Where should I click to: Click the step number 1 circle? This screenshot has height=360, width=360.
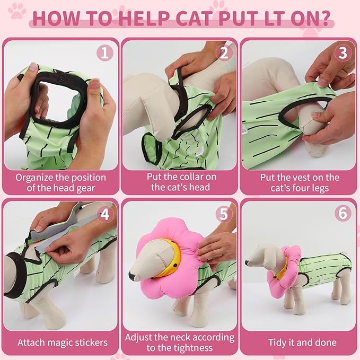click(104, 53)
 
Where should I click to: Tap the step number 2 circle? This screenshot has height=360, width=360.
click(223, 53)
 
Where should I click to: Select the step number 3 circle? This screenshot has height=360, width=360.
click(343, 53)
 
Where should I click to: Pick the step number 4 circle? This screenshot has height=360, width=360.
click(104, 214)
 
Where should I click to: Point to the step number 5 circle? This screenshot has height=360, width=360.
click(223, 214)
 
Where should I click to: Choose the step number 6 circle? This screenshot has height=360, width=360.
click(343, 214)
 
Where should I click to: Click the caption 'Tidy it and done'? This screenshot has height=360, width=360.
click(300, 343)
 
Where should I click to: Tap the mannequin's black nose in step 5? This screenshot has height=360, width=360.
click(132, 276)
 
